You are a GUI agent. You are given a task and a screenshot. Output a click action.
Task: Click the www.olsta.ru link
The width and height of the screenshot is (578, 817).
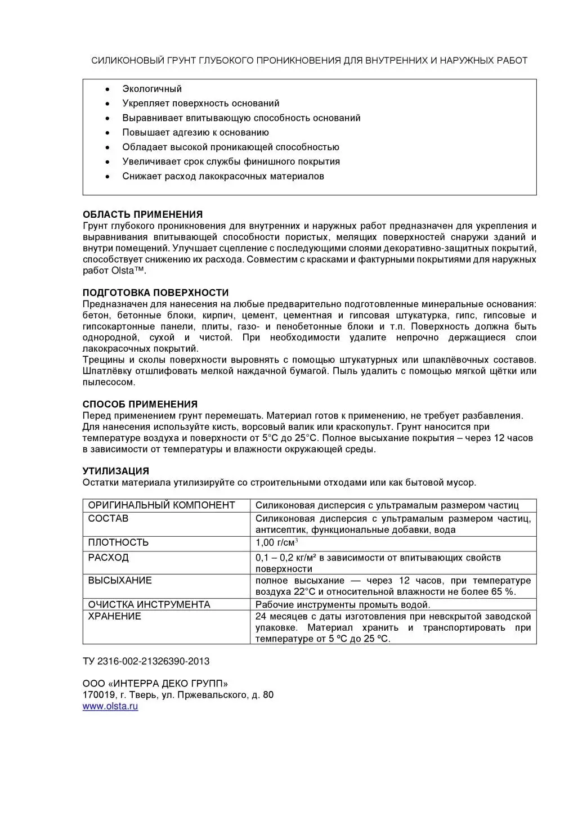pos(110,707)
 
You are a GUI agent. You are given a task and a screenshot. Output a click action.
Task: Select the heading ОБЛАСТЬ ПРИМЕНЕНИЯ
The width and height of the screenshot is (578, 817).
pos(142,214)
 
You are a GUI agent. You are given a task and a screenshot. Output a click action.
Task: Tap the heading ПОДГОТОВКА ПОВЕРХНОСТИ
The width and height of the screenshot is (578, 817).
pos(155,293)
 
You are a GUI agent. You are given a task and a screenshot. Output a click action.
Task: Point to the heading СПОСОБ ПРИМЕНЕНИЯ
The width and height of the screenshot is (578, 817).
pos(140,404)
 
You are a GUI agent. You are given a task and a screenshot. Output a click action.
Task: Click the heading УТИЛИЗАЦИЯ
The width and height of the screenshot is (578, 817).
pos(116,471)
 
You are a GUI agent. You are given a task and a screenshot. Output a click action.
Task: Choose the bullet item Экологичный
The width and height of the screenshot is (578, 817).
pos(152,89)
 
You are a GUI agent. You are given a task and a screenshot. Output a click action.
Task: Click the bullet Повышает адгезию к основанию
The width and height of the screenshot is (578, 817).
pos(195,133)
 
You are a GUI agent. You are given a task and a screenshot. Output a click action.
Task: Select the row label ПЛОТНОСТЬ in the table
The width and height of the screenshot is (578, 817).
pos(118,542)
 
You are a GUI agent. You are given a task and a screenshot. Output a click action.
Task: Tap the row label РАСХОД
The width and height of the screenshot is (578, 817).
pos(109,558)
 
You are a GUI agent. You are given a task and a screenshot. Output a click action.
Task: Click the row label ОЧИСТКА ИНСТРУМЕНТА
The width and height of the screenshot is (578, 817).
pos(149,604)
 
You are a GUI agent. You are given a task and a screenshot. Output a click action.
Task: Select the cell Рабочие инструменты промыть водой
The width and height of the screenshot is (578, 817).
pos(342,605)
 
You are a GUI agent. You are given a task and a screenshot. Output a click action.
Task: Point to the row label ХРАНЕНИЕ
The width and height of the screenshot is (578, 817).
pos(115,616)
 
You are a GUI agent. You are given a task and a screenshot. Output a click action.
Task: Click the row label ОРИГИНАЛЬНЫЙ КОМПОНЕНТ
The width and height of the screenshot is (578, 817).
pos(162,505)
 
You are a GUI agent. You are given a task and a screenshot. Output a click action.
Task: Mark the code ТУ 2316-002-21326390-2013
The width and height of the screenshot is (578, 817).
pos(146,661)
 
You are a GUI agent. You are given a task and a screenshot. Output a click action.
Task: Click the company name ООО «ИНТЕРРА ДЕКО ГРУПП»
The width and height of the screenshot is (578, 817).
pos(155,684)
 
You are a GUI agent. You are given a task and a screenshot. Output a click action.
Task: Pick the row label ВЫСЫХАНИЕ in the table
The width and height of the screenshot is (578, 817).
pos(120,580)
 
